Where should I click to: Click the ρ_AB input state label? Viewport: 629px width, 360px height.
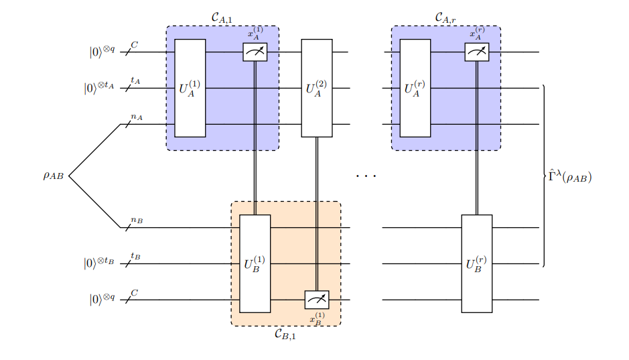click(54, 176)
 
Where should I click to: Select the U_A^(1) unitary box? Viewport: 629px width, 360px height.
click(190, 88)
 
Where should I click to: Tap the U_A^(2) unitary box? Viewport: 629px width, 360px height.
click(316, 88)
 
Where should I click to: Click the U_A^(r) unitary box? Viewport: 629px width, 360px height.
click(415, 88)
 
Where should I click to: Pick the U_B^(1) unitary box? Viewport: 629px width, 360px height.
click(255, 263)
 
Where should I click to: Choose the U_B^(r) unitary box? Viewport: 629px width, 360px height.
click(476, 263)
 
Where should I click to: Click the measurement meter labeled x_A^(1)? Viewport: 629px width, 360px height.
click(255, 52)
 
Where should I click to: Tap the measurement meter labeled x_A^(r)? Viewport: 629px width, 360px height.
click(476, 52)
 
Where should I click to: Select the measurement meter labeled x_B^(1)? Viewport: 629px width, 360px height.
click(317, 300)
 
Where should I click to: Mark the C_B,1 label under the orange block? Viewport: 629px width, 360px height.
click(285, 335)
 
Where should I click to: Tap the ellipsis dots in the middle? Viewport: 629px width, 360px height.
click(366, 176)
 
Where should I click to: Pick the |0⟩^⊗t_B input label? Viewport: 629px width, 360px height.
click(99, 263)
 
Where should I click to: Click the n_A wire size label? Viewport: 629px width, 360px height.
click(137, 117)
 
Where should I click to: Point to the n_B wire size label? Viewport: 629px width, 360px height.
click(137, 220)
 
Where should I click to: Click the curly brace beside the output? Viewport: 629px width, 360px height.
click(544, 176)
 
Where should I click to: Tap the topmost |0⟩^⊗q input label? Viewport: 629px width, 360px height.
click(102, 52)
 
